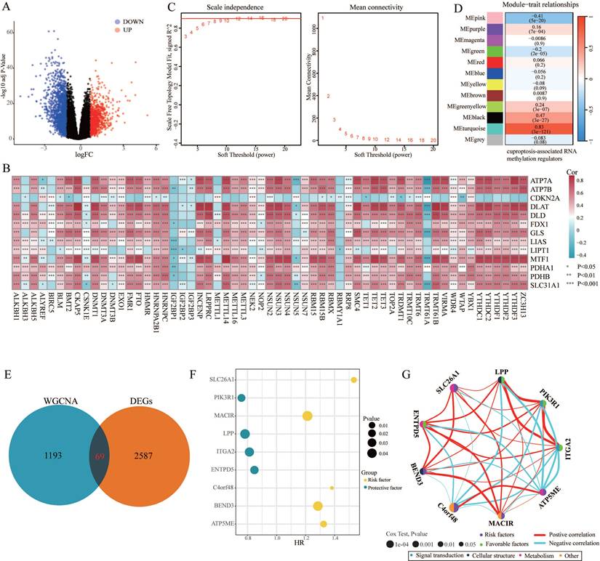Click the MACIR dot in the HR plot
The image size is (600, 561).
[x=307, y=416]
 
